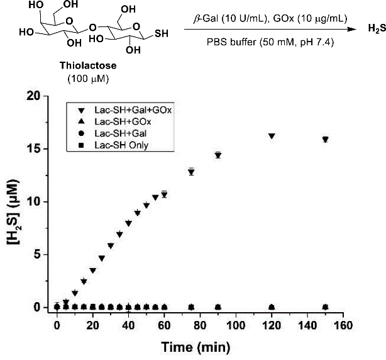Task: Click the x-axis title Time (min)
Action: click(x=199, y=346)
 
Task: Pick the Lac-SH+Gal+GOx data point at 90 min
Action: click(x=218, y=155)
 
